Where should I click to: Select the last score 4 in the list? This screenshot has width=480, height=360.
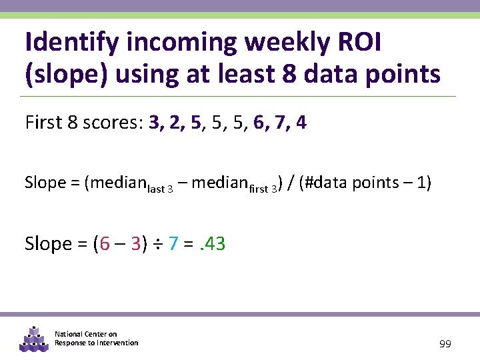click(301, 123)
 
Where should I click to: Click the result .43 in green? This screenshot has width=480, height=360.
click(210, 244)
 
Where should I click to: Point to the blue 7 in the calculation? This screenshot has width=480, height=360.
click(173, 244)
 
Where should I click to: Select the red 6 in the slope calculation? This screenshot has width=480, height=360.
click(103, 244)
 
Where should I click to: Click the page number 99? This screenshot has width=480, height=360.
click(445, 344)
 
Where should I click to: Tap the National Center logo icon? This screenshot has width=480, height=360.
click(33, 338)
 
